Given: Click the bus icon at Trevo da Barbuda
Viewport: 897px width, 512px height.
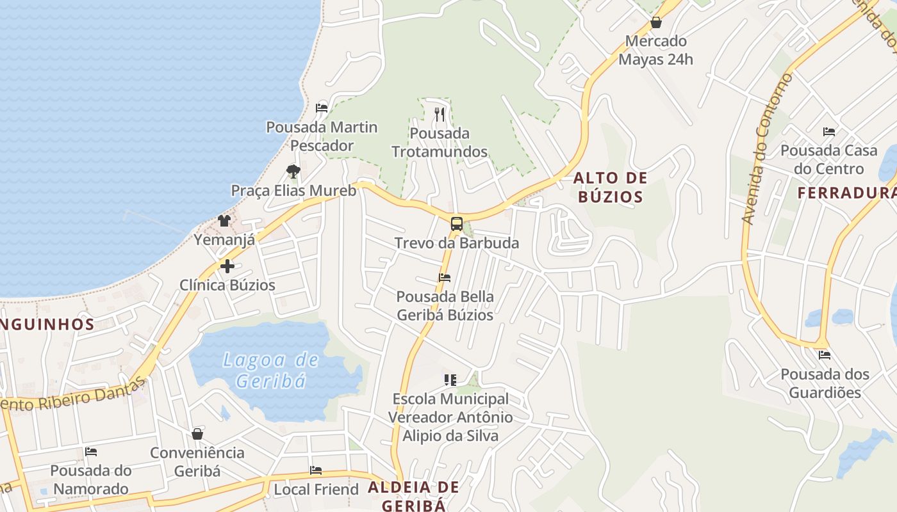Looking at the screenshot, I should [x=456, y=224].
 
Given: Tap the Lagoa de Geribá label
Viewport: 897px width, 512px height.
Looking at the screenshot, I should [x=270, y=371].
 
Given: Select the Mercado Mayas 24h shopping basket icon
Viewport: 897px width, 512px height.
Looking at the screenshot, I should [x=656, y=23].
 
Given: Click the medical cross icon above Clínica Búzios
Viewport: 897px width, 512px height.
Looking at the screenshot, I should [x=227, y=266].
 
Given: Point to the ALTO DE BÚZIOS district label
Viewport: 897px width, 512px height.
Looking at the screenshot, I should [x=610, y=187].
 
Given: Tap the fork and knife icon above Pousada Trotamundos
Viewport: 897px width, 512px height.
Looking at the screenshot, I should [x=440, y=115].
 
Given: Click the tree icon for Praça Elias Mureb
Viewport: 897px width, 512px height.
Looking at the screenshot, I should [x=293, y=171].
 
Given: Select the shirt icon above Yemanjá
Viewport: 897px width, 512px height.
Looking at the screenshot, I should [x=224, y=221].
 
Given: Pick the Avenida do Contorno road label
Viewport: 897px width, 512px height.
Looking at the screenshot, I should [x=766, y=148].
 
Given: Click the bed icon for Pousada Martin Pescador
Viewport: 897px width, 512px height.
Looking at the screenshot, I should [x=322, y=108].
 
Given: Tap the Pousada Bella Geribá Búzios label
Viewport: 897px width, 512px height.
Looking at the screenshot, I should [x=445, y=306].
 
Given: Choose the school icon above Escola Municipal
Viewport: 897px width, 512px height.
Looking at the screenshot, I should [x=450, y=380].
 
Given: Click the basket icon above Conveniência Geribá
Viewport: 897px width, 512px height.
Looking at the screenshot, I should [x=197, y=434].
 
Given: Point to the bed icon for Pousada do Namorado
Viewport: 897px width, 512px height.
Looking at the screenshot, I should [x=90, y=452].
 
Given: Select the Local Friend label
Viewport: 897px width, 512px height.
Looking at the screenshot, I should [x=316, y=490].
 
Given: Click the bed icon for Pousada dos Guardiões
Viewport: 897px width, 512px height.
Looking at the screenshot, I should [x=825, y=355].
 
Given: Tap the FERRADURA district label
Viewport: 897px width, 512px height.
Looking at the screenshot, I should [x=846, y=193].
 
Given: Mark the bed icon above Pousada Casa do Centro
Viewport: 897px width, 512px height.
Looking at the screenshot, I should [x=828, y=132].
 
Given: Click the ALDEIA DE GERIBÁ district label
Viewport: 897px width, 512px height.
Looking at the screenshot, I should [x=413, y=496].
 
